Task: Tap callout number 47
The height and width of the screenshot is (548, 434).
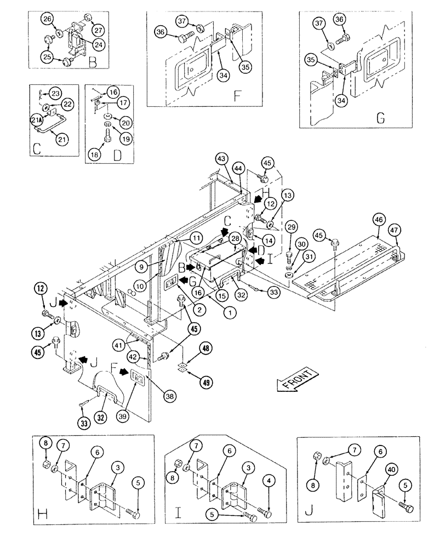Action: point(393,230)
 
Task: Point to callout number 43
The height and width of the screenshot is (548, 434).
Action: point(221,159)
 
